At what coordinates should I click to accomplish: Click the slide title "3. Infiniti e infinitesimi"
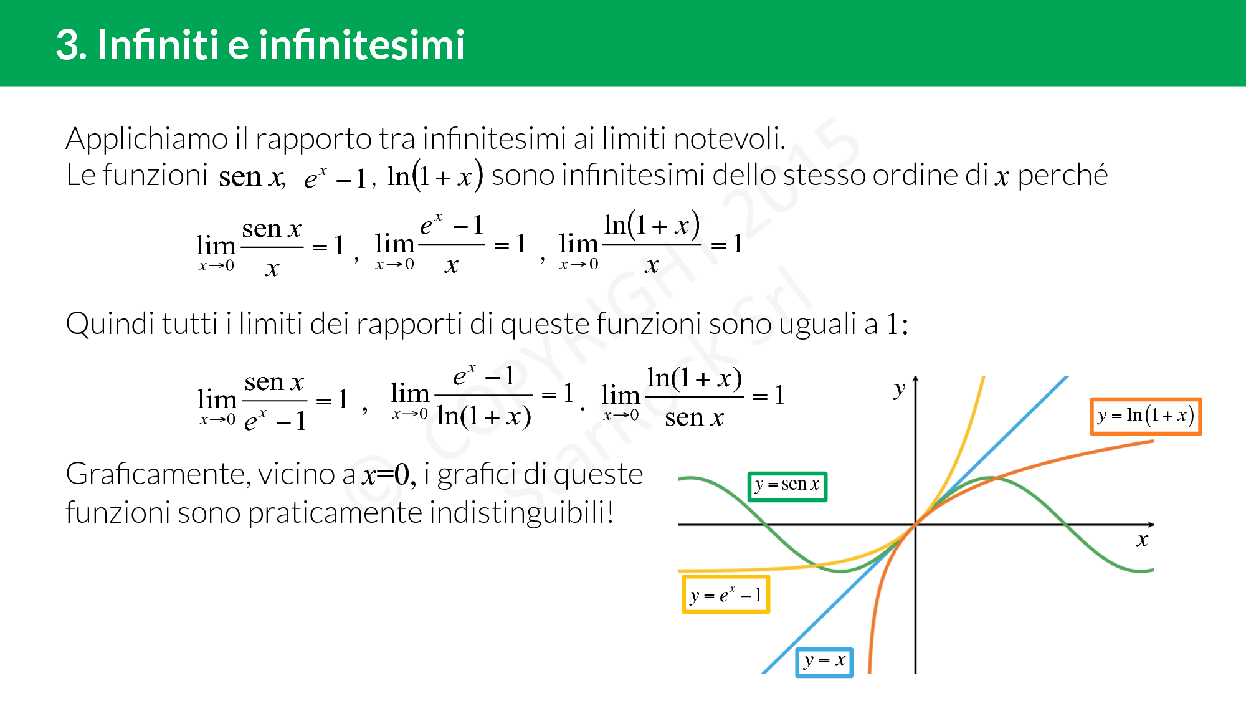tap(260, 45)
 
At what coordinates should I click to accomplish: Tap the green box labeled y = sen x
tap(787, 486)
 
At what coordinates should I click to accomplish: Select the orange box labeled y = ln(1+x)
tap(1145, 416)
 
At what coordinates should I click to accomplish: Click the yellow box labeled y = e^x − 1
tap(726, 594)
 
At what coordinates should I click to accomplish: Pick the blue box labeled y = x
tap(824, 662)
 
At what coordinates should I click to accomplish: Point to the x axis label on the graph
tap(1141, 540)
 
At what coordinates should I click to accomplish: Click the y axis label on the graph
tap(899, 389)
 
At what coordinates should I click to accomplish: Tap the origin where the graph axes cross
tap(915, 525)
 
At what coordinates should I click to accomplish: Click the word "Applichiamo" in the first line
tap(147, 139)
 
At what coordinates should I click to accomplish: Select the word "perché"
tap(1062, 176)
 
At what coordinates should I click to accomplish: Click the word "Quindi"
tap(110, 324)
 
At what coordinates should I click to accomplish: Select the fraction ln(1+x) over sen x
tap(694, 397)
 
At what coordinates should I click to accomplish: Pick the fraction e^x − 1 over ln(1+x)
tap(483, 396)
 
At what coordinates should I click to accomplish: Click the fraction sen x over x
tap(272, 247)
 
